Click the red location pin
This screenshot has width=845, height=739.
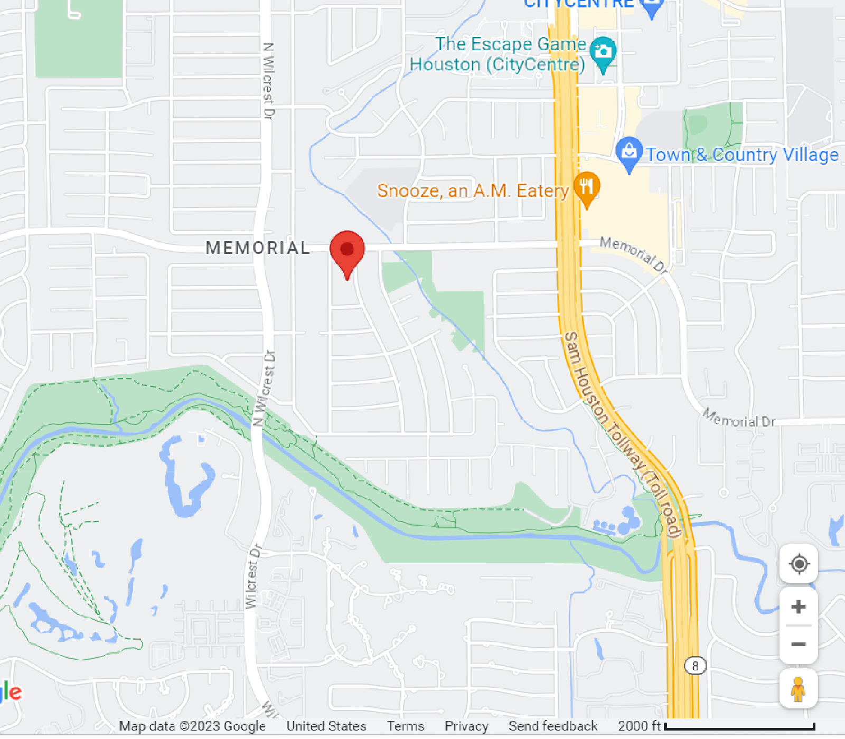347,250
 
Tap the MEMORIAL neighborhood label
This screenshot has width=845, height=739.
258,248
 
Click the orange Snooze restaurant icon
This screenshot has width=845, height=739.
587,187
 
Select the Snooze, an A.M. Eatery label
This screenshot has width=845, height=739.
473,190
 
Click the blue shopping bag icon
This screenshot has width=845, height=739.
629,153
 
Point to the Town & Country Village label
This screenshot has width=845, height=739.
742,155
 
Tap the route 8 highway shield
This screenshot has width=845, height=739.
695,666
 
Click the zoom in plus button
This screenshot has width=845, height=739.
799,607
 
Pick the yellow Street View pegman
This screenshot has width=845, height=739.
798,689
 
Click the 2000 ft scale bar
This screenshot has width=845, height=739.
739,727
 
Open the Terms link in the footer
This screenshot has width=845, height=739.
405,726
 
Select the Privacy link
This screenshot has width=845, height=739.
466,726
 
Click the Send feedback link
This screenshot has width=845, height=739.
553,726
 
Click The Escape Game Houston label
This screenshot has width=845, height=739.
498,54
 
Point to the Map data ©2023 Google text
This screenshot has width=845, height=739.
192,726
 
